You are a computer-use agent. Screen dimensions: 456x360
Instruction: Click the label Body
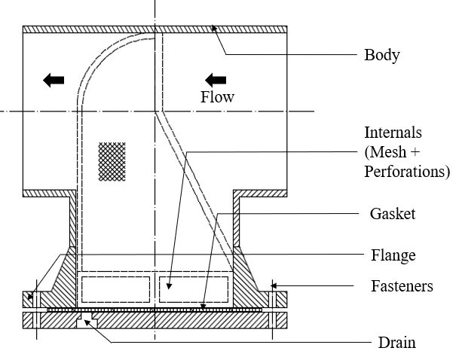point(382,55)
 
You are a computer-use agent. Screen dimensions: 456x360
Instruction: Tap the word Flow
point(217,96)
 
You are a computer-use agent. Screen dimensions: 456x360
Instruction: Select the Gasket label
point(393,214)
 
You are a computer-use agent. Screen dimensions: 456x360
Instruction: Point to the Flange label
point(393,255)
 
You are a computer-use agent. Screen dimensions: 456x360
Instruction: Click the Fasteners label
point(402,286)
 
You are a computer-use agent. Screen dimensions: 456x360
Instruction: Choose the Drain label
point(396,342)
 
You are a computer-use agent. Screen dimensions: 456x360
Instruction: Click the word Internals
point(393,133)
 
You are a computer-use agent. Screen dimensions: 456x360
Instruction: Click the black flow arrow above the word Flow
point(216,80)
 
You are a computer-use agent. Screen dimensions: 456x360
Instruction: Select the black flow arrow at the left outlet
point(54,80)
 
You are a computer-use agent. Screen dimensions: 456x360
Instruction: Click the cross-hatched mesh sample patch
point(112,162)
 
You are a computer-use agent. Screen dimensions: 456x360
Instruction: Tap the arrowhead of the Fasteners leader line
point(273,286)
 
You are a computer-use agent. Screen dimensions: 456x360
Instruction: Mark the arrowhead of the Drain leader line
point(85,321)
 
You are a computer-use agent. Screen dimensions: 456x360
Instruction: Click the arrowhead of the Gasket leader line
point(203,307)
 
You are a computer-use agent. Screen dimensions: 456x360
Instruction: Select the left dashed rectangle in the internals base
point(115,289)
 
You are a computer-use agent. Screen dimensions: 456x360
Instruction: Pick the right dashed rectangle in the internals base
point(194,289)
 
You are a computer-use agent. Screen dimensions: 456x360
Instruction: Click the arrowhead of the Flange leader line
point(29,297)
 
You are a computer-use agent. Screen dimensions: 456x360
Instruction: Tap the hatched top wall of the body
point(155,29)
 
